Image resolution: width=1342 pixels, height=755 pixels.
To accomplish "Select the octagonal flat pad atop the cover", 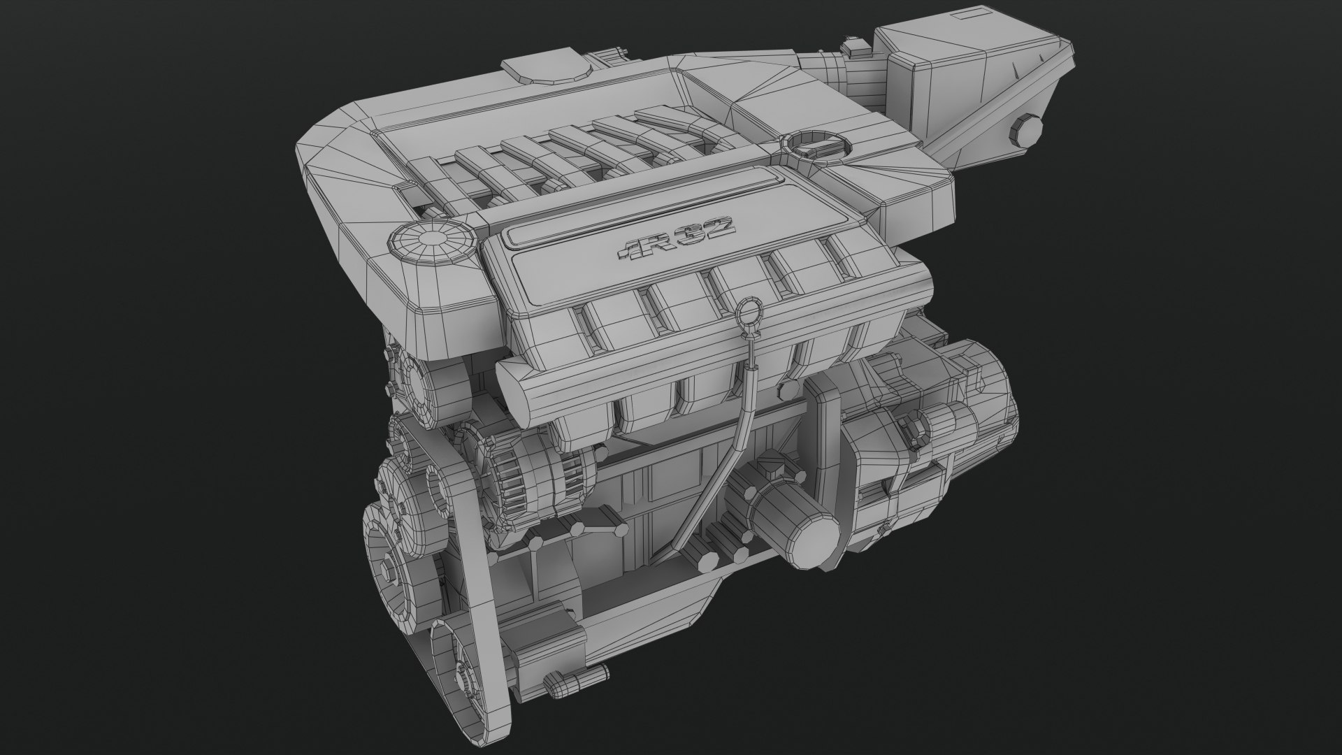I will pos(548,67).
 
